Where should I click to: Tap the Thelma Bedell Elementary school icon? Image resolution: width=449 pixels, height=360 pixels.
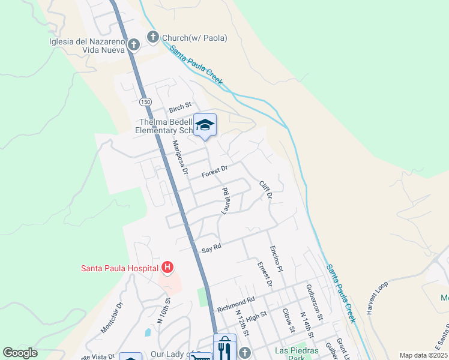tap(205, 125)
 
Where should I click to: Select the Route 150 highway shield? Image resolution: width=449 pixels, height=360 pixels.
tap(145, 102)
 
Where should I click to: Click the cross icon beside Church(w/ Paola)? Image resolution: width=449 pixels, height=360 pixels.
tap(152, 38)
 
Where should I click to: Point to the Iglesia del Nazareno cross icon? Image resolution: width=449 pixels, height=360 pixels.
tap(133, 45)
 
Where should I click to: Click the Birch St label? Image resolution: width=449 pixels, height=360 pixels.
tap(179, 109)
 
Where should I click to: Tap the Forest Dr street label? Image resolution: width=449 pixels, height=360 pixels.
tap(215, 172)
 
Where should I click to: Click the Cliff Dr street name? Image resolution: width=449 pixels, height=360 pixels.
tap(266, 190)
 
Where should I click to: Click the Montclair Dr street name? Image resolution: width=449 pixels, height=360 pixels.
tap(112, 317)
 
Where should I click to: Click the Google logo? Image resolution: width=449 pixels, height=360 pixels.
tap(20, 353)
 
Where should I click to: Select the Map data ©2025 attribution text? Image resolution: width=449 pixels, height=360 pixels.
tap(423, 355)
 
